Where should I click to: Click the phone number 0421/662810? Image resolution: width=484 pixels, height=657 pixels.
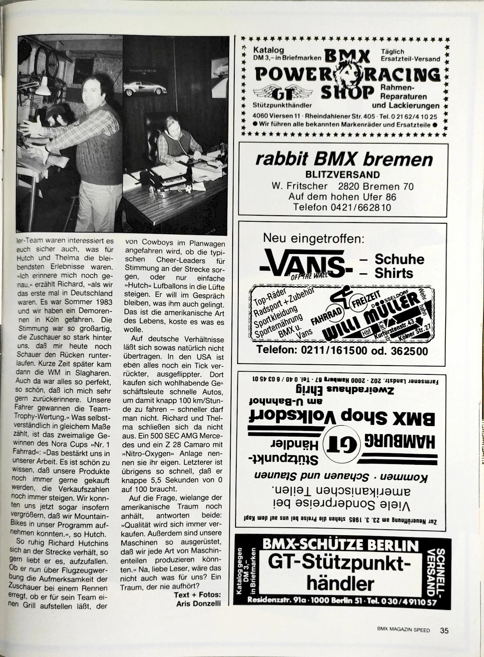[x=342, y=207]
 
